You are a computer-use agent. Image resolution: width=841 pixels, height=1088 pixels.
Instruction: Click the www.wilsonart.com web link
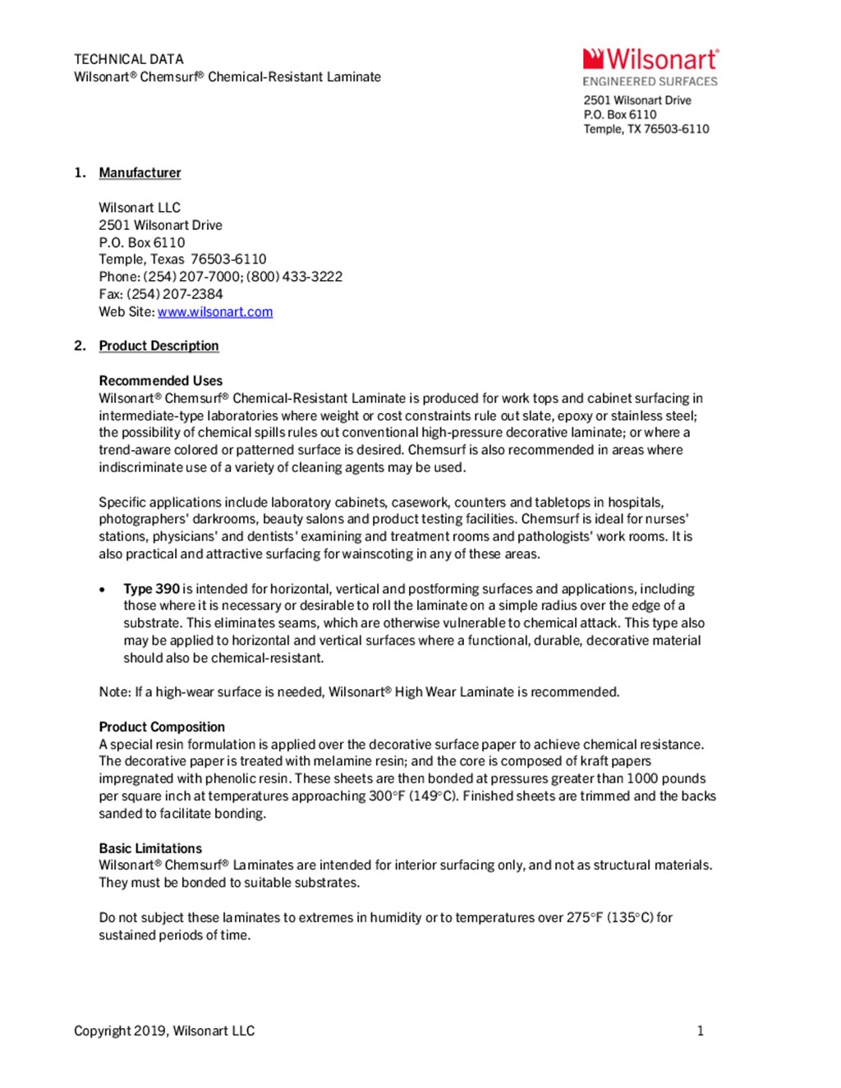pos(215,312)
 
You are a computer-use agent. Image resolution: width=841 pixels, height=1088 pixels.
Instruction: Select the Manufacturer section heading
pos(140,172)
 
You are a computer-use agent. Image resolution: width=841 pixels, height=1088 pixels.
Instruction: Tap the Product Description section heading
pos(159,346)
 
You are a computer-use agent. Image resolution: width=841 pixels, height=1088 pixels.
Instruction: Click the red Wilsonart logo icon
pos(593,58)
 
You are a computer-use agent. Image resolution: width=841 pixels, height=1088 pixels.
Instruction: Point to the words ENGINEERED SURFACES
pos(650,81)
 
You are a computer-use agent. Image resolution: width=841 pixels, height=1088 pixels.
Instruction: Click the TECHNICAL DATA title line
pos(129,59)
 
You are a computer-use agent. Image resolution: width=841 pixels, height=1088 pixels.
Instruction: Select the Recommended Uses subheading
pos(161,381)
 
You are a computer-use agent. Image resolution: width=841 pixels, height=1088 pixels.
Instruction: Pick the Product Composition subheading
pos(162,727)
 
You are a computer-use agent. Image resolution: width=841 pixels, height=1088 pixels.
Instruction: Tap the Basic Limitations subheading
pos(150,848)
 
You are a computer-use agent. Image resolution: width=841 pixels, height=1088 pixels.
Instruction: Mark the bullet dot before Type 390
pos(103,590)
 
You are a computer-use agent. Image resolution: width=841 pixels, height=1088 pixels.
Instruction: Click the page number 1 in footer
pos(701,1031)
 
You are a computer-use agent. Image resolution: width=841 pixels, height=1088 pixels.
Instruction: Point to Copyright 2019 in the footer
pos(119,1031)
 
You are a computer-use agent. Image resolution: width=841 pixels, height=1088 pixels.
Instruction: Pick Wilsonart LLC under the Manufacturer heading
pos(140,208)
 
